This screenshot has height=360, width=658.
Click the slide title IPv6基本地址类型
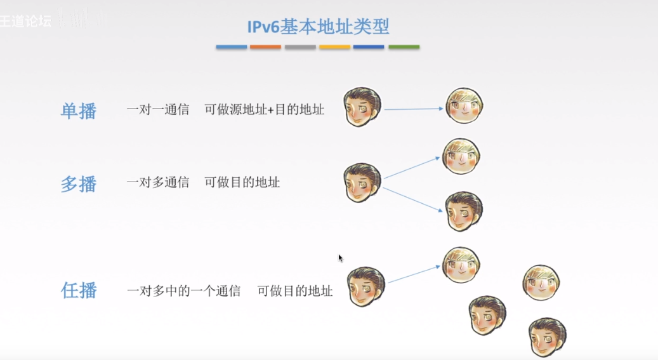(318, 27)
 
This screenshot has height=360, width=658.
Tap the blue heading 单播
(79, 111)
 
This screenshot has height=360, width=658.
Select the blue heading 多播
(79, 184)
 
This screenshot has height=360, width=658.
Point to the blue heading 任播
(79, 291)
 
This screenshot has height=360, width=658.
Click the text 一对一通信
(158, 109)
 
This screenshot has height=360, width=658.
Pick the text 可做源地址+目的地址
(264, 109)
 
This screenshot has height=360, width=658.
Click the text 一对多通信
(158, 183)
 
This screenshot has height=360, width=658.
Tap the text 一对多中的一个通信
(184, 291)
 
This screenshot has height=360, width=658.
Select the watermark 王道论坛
(26, 22)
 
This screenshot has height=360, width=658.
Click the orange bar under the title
(265, 47)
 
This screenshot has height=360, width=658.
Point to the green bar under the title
(404, 47)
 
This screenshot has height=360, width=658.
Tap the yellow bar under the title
(334, 47)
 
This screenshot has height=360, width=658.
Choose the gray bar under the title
(300, 47)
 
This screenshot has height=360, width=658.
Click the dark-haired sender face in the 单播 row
(362, 107)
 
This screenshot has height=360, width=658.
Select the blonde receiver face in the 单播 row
(464, 106)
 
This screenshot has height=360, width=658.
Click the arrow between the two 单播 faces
(413, 109)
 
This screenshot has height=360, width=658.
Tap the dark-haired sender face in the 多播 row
(362, 183)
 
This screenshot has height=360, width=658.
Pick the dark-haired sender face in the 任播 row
(366, 287)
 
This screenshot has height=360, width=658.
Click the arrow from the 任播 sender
(414, 274)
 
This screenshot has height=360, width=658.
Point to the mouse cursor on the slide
(341, 258)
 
